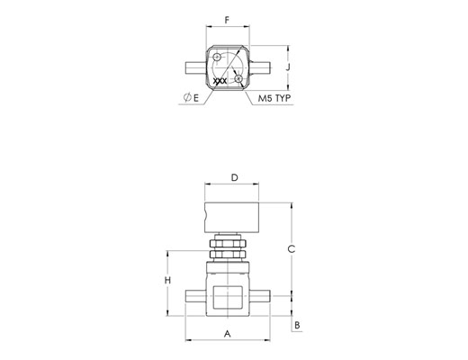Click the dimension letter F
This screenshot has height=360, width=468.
pyautogui.click(x=227, y=20)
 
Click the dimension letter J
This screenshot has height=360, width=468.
pyautogui.click(x=288, y=67)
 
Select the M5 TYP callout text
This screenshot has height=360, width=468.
pyautogui.click(x=274, y=98)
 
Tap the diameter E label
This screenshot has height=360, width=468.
pyautogui.click(x=191, y=97)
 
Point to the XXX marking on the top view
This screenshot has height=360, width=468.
pyautogui.click(x=220, y=81)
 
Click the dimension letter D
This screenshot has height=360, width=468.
pyautogui.click(x=235, y=177)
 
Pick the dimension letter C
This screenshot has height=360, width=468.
pyautogui.click(x=292, y=248)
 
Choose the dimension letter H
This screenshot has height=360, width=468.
pyautogui.click(x=167, y=280)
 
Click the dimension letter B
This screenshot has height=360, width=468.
pyautogui.click(x=297, y=325)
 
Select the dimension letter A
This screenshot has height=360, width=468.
pyautogui.click(x=228, y=334)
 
